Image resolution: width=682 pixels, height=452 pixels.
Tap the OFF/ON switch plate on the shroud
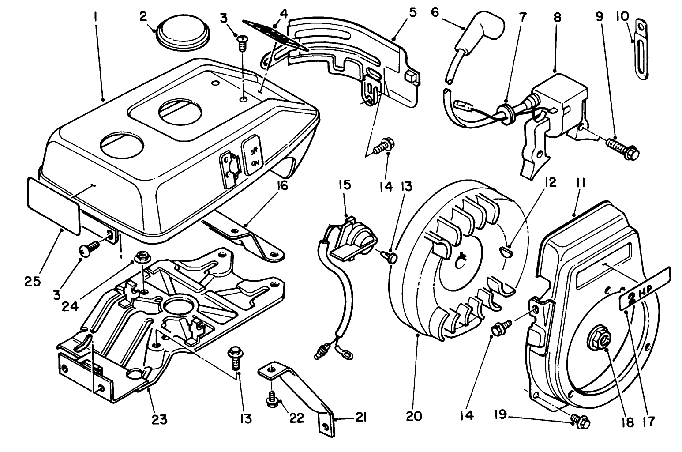[x=253, y=156]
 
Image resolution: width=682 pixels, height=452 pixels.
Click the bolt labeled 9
[x=623, y=149]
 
